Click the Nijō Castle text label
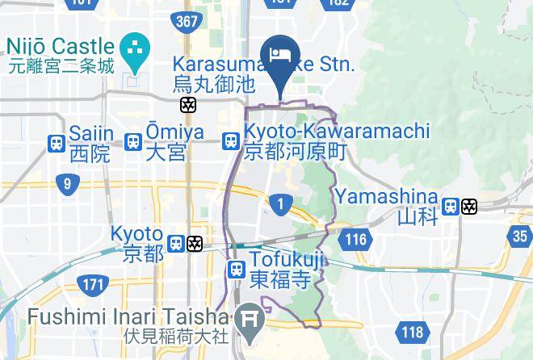(61, 47)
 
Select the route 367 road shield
(187, 22)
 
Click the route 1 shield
(280, 204)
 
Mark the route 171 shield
(93, 283)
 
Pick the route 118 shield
(412, 331)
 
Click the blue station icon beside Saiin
(57, 143)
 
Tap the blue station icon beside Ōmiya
(133, 141)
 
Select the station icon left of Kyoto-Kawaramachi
(232, 141)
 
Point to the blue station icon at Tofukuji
(237, 270)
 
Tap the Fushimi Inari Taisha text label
(128, 316)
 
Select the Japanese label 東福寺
(279, 279)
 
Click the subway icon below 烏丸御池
(188, 105)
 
